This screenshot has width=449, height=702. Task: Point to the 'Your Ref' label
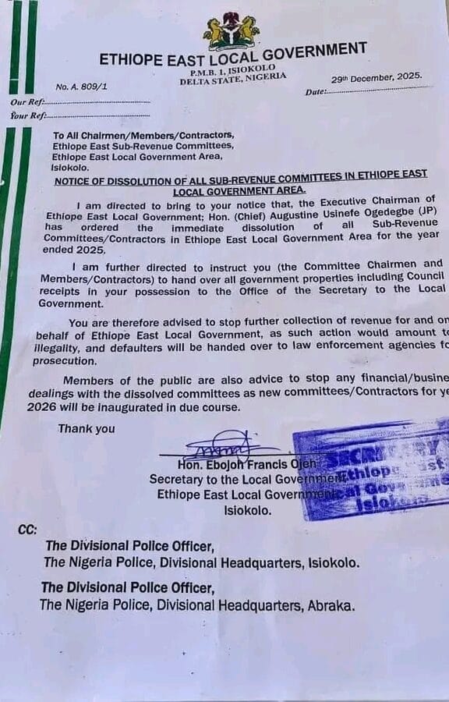[x=27, y=116]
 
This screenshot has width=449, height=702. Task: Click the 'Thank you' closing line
[x=86, y=428]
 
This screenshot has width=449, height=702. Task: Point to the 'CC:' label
[x=27, y=530]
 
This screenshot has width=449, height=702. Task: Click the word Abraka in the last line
[x=333, y=605]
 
